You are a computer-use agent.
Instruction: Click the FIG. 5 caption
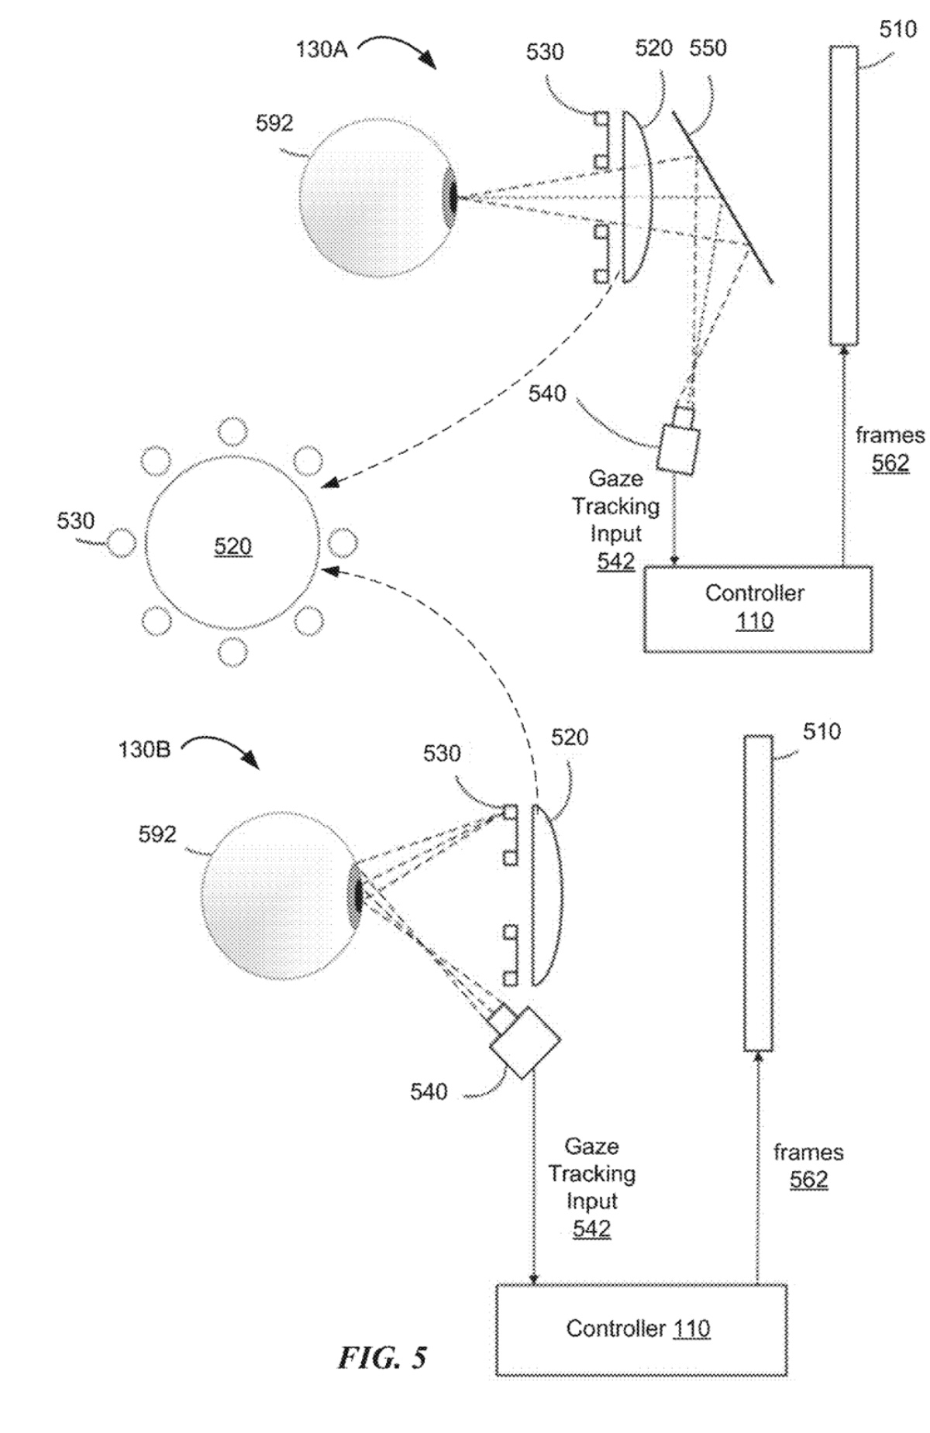(382, 1357)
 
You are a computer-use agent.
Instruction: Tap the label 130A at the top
(321, 50)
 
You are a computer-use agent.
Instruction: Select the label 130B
(144, 750)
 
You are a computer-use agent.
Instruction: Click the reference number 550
(708, 48)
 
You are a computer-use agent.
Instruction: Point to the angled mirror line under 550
(722, 197)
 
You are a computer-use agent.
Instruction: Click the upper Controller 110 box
(758, 608)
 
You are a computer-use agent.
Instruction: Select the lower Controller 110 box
(641, 1330)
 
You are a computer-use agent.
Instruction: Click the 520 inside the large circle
(232, 547)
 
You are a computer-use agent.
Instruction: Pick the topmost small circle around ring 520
(232, 431)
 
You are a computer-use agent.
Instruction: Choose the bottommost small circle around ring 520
(232, 652)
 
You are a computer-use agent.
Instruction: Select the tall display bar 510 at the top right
(843, 195)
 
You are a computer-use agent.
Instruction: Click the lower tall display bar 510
(758, 892)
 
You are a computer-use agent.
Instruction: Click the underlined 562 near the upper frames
(890, 463)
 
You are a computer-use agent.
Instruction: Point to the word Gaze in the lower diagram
(591, 1146)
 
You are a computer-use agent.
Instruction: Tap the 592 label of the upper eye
(274, 123)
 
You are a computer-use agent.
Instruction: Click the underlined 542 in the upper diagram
(616, 561)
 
